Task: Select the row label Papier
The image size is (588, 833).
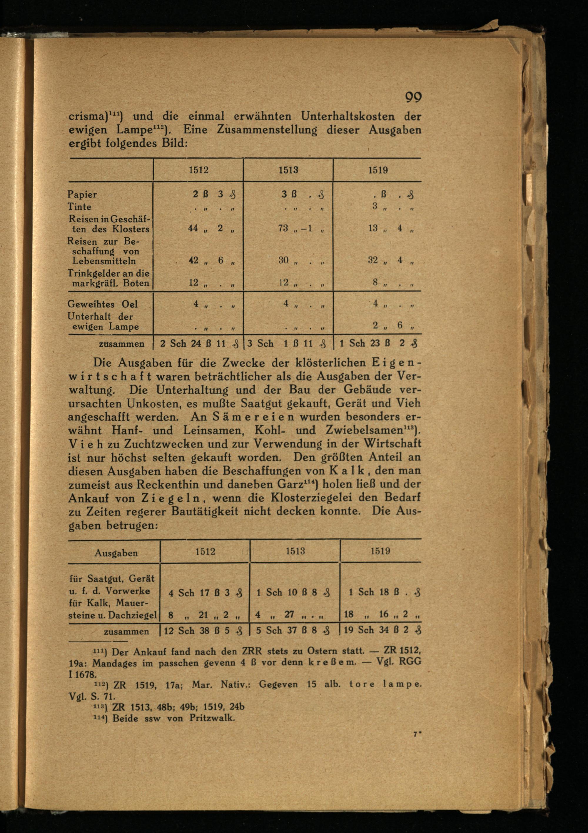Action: click(82, 194)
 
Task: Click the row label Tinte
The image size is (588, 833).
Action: click(79, 207)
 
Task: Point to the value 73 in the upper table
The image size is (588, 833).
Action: click(283, 228)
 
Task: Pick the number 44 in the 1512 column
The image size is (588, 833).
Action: click(193, 228)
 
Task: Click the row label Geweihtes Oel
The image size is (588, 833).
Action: click(103, 304)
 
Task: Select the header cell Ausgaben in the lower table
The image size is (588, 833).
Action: click(116, 553)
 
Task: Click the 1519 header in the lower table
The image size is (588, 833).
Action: click(380, 551)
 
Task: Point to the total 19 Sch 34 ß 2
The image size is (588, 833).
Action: click(381, 630)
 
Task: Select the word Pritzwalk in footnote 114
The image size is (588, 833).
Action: click(212, 718)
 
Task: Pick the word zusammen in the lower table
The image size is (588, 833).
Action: click(126, 631)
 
